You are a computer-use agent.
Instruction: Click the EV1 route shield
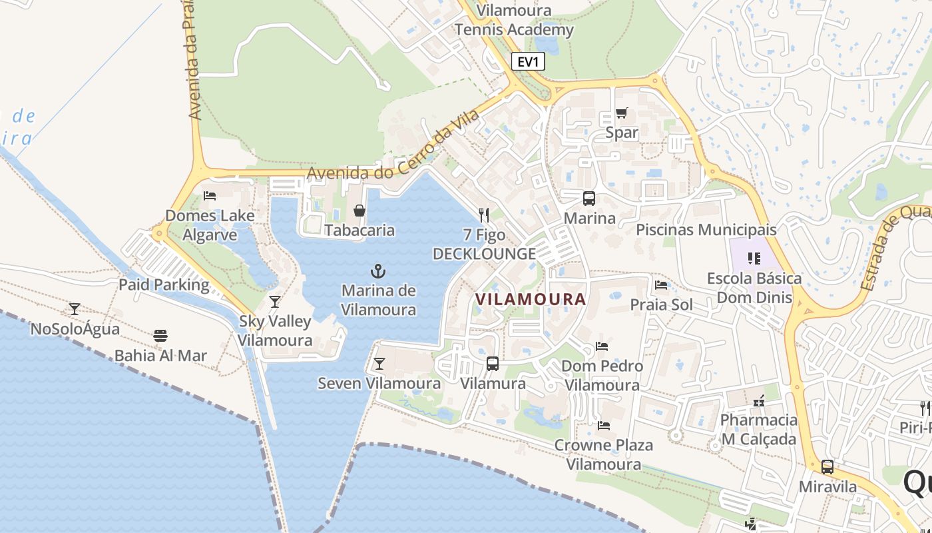(x=528, y=62)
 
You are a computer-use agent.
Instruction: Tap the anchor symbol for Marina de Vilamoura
(x=378, y=271)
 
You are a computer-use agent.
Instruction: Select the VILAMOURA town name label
(x=531, y=299)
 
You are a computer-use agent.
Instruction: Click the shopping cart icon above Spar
(x=621, y=113)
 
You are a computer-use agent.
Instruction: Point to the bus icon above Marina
(x=589, y=198)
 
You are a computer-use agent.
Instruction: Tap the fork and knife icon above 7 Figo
(x=484, y=215)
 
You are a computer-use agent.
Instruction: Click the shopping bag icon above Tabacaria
(x=359, y=211)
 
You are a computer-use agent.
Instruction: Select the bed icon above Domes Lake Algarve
(x=210, y=196)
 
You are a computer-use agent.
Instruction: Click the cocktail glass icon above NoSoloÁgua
(x=75, y=309)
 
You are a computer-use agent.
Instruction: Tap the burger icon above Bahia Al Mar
(x=160, y=335)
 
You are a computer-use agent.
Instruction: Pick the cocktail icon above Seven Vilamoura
(x=379, y=364)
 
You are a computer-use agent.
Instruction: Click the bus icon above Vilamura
(x=493, y=364)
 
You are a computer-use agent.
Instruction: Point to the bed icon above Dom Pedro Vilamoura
(x=602, y=346)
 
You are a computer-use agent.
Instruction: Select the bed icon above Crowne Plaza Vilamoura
(x=604, y=425)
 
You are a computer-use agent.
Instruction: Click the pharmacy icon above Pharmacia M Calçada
(x=758, y=401)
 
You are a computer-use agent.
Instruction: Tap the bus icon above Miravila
(x=827, y=467)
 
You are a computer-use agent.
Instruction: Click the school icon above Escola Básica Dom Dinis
(x=754, y=258)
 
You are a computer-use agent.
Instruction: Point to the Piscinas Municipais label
(x=706, y=230)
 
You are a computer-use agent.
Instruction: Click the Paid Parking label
(x=164, y=285)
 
